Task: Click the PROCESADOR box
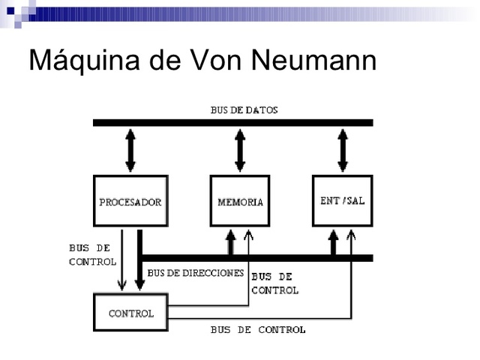tap(130, 201)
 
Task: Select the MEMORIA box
tap(239, 201)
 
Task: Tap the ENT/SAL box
tap(342, 201)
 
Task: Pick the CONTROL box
tap(130, 313)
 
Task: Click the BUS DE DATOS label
tap(244, 110)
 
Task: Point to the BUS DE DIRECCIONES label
tap(196, 273)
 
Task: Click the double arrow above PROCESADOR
tap(130, 150)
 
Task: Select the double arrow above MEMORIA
tap(240, 150)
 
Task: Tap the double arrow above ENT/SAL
tap(343, 150)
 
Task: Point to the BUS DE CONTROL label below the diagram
tap(258, 330)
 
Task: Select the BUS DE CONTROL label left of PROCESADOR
tap(92, 255)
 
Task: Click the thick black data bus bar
tap(232, 122)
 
